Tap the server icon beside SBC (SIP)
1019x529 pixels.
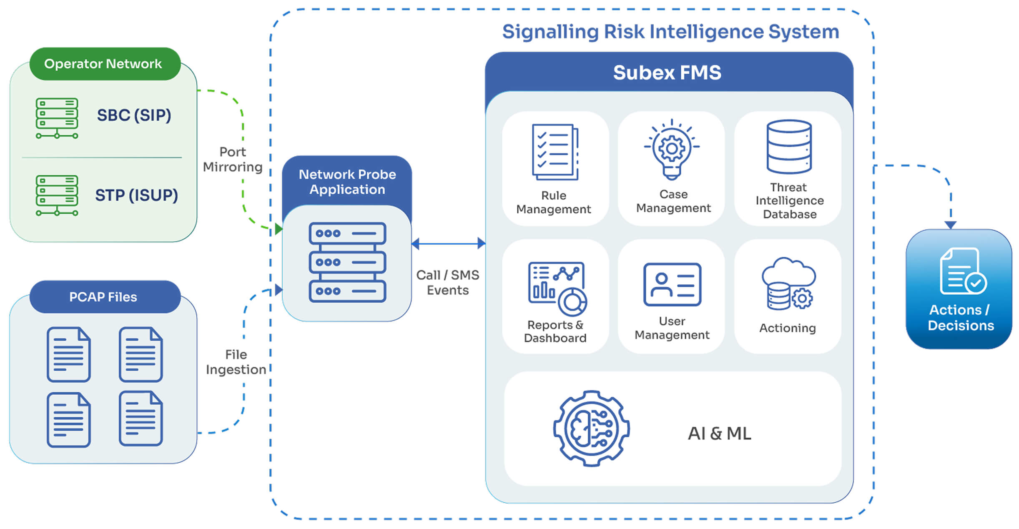57,118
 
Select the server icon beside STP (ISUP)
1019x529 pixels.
57,196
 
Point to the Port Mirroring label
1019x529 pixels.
233,159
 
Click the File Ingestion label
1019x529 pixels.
236,362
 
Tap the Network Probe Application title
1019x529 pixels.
347,182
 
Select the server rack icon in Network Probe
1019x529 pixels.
347,262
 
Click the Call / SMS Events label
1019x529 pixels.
448,282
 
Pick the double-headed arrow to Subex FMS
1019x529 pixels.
448,243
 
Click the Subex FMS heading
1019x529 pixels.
667,73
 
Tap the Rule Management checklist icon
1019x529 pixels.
555,152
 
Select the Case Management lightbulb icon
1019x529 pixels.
672,150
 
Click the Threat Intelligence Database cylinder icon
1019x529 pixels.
789,146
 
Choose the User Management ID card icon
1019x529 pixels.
672,284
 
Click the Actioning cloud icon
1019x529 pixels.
788,283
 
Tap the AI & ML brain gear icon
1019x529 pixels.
591,429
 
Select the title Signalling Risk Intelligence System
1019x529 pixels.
670,32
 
